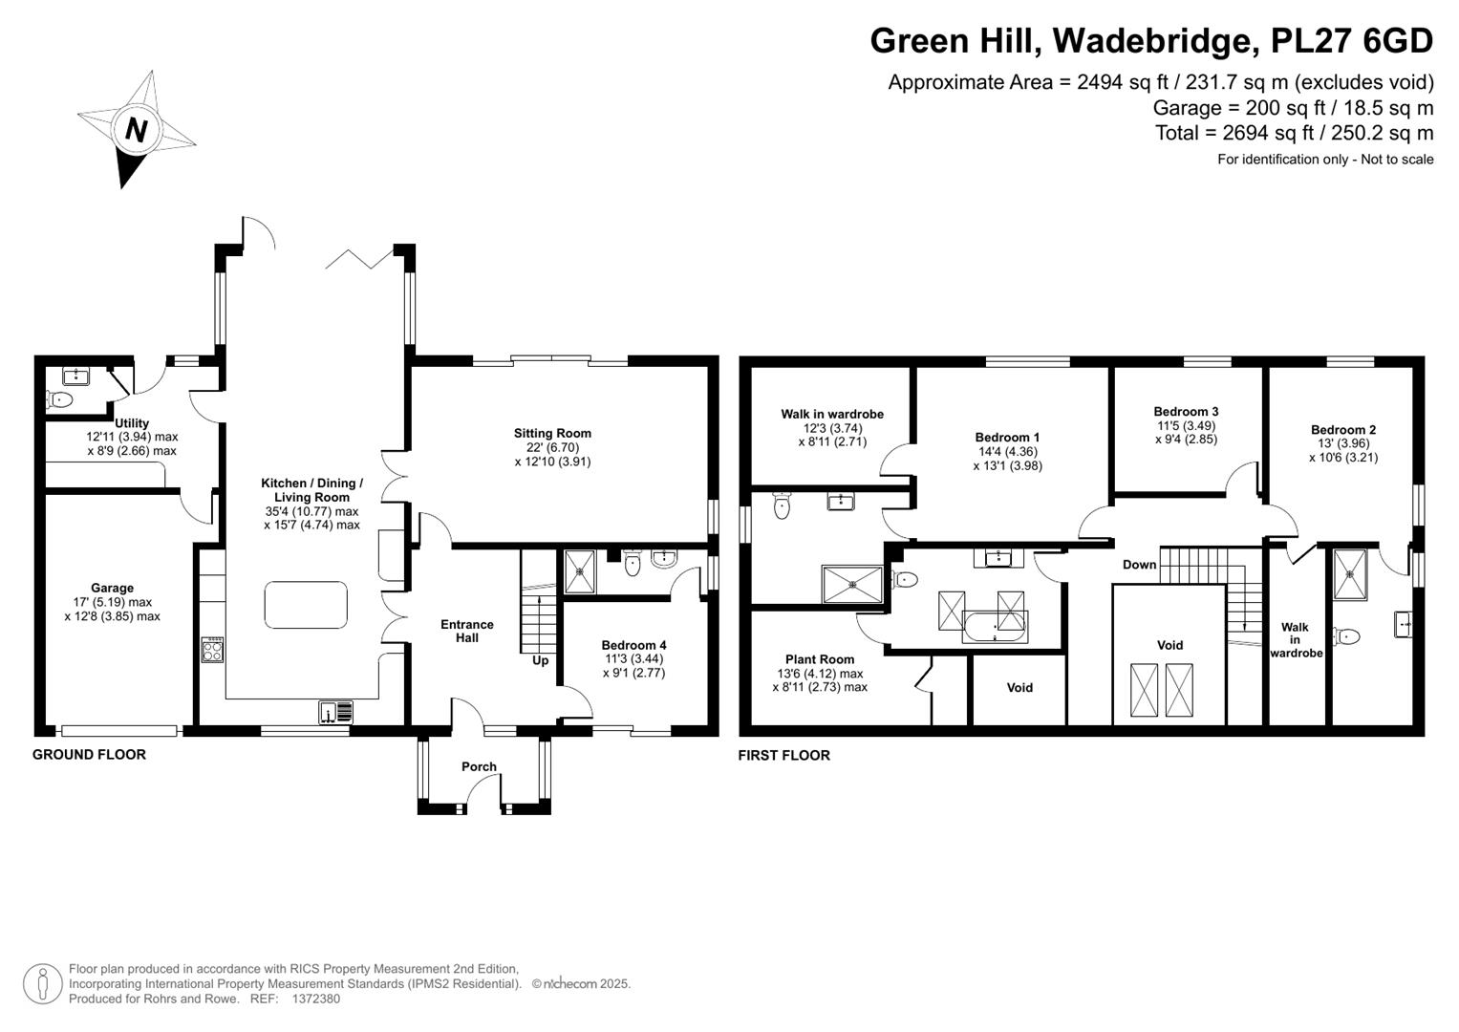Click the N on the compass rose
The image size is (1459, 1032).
(x=136, y=130)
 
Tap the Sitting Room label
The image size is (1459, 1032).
(x=552, y=433)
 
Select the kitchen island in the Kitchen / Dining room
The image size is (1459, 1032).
(x=306, y=605)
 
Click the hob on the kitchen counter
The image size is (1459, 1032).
(x=212, y=650)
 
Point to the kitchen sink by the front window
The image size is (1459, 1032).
(x=336, y=712)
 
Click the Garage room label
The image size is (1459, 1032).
(x=112, y=589)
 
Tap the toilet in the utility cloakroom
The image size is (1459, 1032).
(x=59, y=398)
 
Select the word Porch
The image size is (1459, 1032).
(x=479, y=766)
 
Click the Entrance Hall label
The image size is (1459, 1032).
(x=467, y=632)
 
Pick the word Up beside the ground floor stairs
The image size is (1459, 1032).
(x=541, y=660)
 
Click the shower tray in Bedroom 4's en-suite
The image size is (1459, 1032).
(x=580, y=572)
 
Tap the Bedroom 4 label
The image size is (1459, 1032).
(x=633, y=646)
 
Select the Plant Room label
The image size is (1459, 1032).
(x=820, y=659)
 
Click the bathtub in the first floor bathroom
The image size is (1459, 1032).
(x=995, y=628)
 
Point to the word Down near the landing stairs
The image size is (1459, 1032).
(x=1139, y=565)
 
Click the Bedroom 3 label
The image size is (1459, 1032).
(x=1186, y=412)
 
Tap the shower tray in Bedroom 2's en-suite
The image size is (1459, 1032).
(x=1350, y=574)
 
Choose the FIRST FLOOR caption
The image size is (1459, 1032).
(x=784, y=756)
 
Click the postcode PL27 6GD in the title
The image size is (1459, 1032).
(x=1352, y=40)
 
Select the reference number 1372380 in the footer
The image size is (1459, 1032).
(x=316, y=999)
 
